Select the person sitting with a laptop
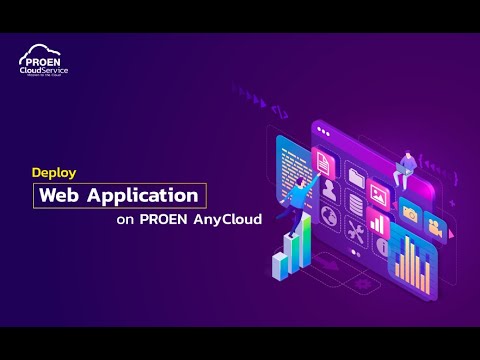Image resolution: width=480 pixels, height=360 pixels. [407, 165]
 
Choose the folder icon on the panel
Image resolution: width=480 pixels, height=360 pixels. [356, 177]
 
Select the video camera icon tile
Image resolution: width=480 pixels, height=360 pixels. [434, 227]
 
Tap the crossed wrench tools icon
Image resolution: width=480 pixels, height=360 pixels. [355, 231]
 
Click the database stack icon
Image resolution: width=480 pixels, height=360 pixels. [356, 204]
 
